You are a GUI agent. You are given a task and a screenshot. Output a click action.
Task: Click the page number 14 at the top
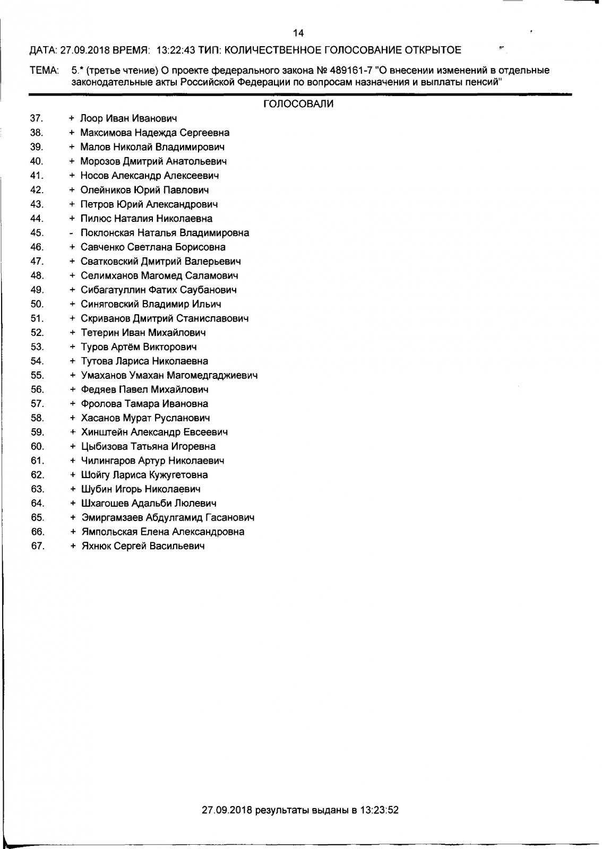(x=298, y=33)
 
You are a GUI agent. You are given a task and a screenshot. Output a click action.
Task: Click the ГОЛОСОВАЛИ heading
(x=298, y=105)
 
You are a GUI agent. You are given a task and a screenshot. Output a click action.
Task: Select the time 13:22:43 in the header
(x=176, y=50)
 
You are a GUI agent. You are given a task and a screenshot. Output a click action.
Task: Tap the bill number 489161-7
(x=350, y=70)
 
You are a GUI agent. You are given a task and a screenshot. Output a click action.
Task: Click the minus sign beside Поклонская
(x=72, y=233)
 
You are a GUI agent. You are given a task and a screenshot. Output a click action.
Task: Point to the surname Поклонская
(x=108, y=233)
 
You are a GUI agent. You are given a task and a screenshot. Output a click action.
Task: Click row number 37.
(x=37, y=118)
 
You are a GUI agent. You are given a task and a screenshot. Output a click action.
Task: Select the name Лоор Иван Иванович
(x=128, y=118)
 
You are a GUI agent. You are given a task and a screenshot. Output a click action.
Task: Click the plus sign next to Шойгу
(x=72, y=475)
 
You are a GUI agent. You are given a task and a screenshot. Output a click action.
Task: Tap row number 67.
(x=38, y=546)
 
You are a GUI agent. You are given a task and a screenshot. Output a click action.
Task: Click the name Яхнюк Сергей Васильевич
(x=143, y=546)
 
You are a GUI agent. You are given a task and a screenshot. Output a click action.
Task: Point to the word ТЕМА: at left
(x=44, y=71)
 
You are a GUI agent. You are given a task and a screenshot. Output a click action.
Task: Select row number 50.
(x=37, y=304)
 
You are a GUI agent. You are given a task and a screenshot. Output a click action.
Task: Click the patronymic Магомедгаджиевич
(x=212, y=376)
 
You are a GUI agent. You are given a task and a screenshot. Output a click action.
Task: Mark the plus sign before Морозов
(x=72, y=161)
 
